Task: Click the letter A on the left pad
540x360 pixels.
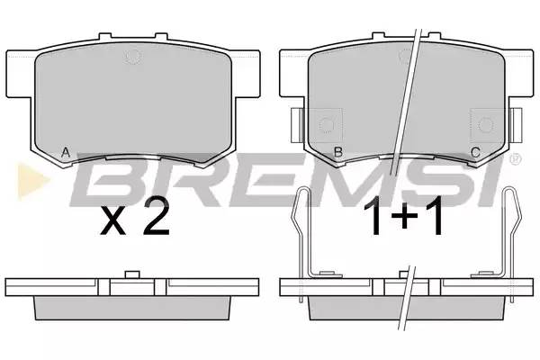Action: [66, 152]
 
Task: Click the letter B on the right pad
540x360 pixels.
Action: [338, 152]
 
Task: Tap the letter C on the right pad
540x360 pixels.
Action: [475, 152]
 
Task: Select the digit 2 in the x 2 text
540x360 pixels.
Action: [157, 217]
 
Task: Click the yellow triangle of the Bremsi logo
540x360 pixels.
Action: [32, 181]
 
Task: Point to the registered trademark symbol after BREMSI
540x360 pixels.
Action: [517, 157]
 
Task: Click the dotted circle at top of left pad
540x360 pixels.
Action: [133, 56]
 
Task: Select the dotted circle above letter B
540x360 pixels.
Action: [327, 125]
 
